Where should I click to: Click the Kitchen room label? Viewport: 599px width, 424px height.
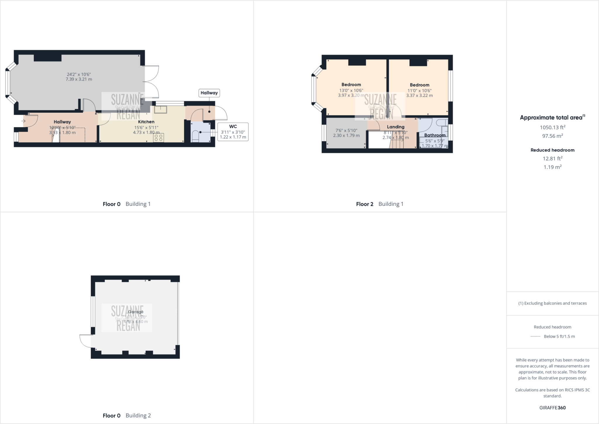pos(146,122)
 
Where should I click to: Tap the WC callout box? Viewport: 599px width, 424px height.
pos(233,132)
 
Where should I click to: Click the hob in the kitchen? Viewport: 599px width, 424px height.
pos(159,138)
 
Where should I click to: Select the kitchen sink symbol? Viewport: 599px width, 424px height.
pos(161,109)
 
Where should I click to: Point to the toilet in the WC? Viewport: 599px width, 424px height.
pos(195,136)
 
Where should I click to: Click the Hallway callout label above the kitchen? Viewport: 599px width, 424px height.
pos(209,93)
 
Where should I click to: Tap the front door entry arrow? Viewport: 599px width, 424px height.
pos(23,121)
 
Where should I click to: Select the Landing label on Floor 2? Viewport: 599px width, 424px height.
pos(395,127)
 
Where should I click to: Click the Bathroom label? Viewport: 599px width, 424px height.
pos(435,135)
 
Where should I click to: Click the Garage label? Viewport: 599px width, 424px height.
pos(135,312)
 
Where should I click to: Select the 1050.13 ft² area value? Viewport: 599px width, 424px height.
pos(552,127)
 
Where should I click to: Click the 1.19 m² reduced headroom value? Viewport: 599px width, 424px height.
pos(552,167)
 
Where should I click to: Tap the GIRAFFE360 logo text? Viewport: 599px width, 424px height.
pos(552,408)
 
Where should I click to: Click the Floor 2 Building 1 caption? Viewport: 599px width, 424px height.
pos(379,204)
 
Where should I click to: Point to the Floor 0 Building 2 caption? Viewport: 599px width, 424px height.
pos(127,416)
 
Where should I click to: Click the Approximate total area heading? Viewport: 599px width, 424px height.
pos(552,118)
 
